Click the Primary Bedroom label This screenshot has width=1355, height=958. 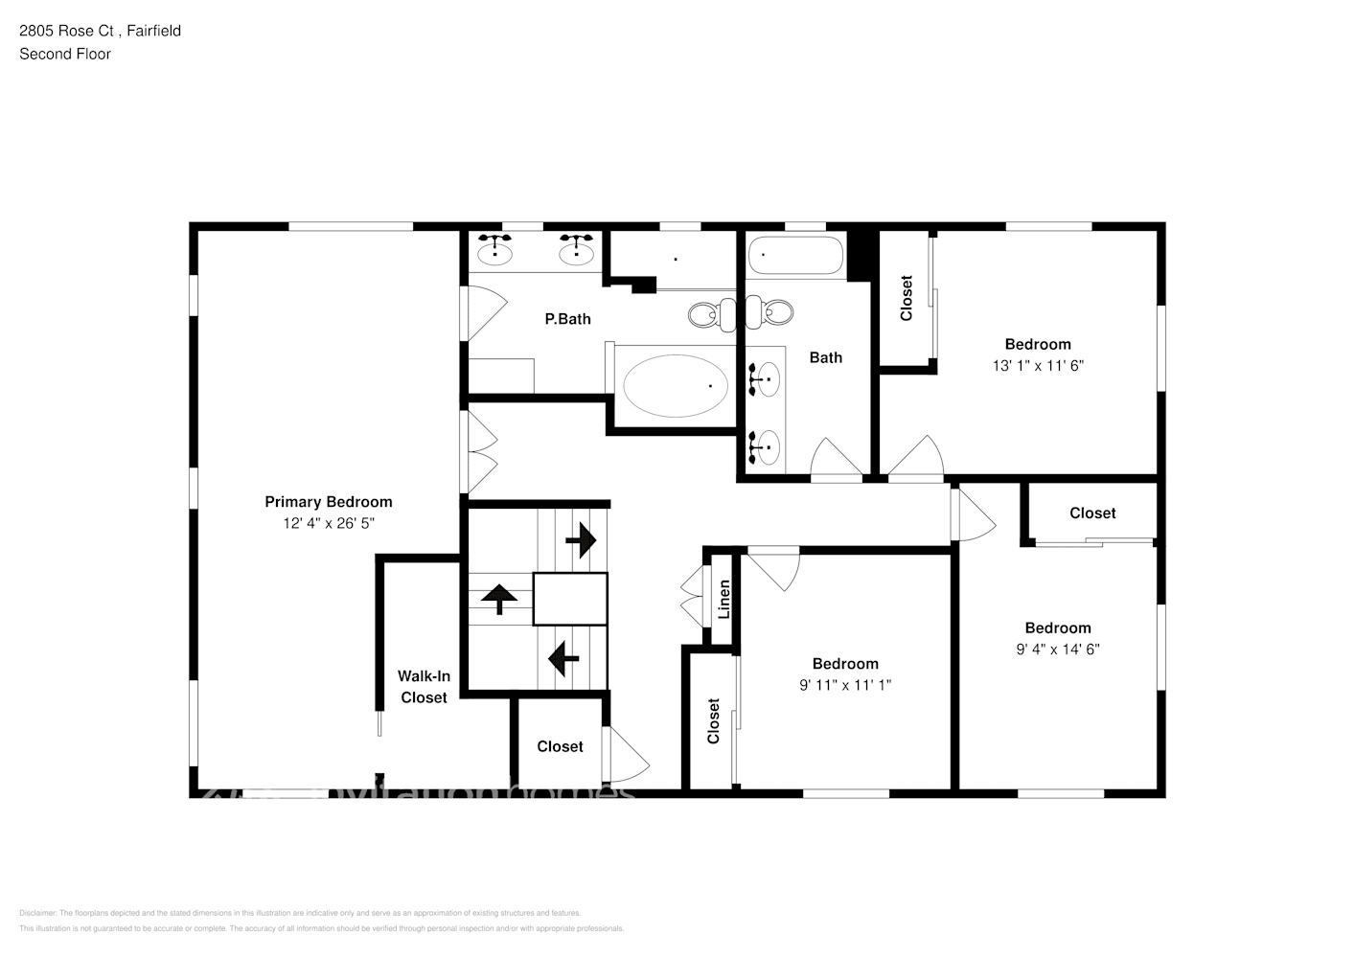click(x=328, y=502)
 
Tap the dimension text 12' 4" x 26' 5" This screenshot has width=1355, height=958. click(x=328, y=523)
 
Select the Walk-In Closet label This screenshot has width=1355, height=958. click(x=424, y=687)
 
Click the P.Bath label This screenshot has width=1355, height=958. click(x=567, y=319)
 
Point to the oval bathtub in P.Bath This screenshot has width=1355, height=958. click(x=675, y=386)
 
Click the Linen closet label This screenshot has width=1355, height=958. click(x=724, y=599)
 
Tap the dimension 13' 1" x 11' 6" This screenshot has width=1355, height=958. click(x=1038, y=365)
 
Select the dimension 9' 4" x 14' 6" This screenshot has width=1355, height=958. click(x=1058, y=649)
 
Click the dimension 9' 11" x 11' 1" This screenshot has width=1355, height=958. click(x=845, y=685)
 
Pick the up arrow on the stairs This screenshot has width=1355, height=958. click(x=499, y=599)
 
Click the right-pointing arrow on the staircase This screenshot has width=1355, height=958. click(x=581, y=541)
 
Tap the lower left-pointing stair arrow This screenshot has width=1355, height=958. click(x=563, y=658)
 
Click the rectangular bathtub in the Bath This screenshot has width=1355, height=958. click(x=795, y=256)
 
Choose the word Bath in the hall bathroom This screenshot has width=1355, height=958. click(x=825, y=357)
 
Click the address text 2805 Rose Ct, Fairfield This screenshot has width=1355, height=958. click(x=100, y=31)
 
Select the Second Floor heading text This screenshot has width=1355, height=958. click(x=65, y=54)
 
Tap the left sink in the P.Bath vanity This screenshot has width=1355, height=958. click(x=494, y=252)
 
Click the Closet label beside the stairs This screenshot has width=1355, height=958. click(x=560, y=746)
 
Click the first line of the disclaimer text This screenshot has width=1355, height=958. click(x=300, y=913)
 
